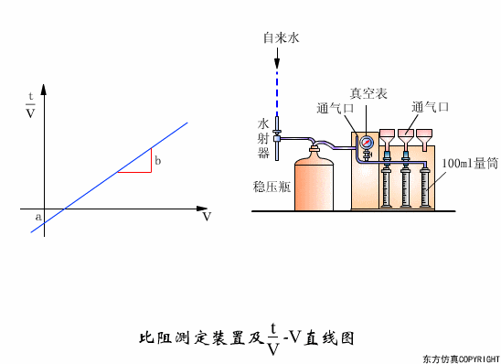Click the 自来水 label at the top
pyautogui.click(x=282, y=38)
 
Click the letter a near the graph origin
pyautogui.click(x=37, y=217)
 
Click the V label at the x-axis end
pyautogui.click(x=207, y=218)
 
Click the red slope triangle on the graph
pyautogui.click(x=142, y=165)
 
